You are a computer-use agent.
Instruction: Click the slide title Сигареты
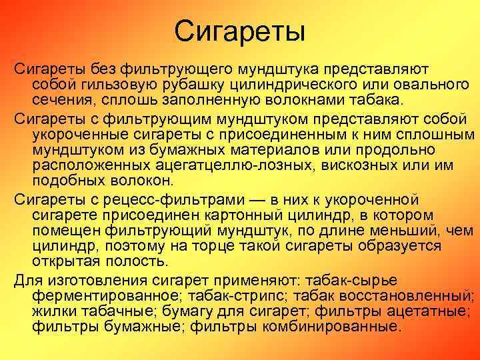(x=239, y=31)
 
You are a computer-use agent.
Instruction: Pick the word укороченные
(x=90, y=134)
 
